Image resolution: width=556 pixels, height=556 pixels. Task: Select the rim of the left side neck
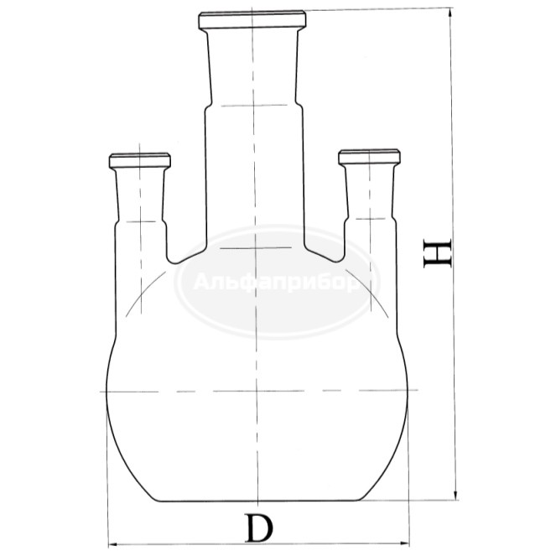[x=139, y=158]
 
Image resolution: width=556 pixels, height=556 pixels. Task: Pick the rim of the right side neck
[x=368, y=156]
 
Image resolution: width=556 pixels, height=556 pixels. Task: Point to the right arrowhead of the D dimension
[x=410, y=542]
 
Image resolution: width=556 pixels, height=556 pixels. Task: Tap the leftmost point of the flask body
[x=106, y=392]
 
